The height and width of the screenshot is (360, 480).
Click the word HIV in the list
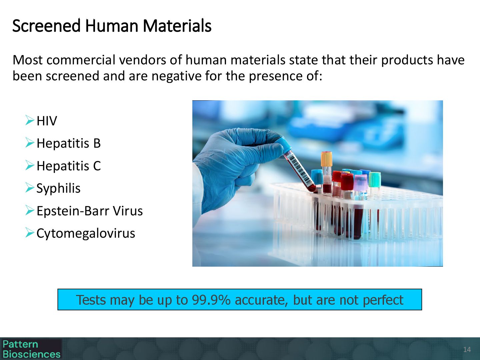47,121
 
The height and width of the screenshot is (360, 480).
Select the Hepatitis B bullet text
68,143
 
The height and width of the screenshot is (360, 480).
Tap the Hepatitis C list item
69,166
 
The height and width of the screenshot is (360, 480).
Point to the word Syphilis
58,188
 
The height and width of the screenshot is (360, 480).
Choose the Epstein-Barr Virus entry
90,211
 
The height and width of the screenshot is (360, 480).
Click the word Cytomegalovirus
86,233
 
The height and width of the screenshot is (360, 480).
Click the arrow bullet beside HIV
30,120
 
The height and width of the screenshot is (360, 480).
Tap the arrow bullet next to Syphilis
30,188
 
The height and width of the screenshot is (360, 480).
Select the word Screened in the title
47,26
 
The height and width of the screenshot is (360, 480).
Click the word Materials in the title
177,26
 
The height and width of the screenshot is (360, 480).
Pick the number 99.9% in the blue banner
211,300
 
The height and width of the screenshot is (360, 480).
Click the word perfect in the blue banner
383,300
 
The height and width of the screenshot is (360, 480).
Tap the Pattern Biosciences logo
31,349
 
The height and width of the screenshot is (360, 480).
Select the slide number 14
467,350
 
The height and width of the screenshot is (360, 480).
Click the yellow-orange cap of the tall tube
326,159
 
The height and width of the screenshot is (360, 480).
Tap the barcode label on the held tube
298,169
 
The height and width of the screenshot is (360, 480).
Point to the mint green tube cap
374,180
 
